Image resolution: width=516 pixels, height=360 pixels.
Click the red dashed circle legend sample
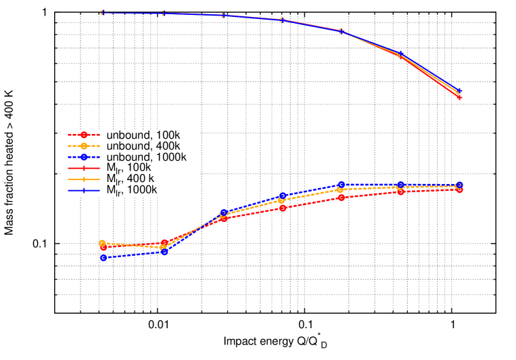(84, 135)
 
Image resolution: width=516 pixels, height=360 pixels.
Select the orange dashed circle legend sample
(84, 145)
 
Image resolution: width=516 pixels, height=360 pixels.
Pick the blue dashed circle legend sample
(84, 157)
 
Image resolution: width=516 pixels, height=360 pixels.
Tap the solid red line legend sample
(84, 168)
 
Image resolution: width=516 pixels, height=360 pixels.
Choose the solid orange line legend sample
(84, 179)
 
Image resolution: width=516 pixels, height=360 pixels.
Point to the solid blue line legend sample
(84, 190)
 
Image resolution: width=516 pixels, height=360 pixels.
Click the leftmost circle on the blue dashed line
(103, 257)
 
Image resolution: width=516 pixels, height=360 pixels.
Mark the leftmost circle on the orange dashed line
(102, 243)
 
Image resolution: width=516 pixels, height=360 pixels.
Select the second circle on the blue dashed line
(164, 251)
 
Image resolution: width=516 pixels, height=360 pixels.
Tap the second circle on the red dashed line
(164, 243)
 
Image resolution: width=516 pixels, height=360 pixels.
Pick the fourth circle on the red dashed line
(283, 208)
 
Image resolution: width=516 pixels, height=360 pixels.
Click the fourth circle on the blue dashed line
(283, 196)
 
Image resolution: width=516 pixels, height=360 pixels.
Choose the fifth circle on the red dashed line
(342, 197)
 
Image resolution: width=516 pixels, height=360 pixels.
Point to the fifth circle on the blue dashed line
(342, 185)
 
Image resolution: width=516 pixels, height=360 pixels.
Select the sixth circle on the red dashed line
(401, 192)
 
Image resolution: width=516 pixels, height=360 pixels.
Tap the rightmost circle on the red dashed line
(459, 189)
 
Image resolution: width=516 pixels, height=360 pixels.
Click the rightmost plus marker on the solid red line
(459, 97)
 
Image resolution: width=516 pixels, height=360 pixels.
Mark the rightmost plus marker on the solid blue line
(459, 91)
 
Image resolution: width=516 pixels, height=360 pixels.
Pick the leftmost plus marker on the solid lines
(102, 12)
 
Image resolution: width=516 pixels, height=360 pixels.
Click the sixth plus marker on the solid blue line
(400, 53)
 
